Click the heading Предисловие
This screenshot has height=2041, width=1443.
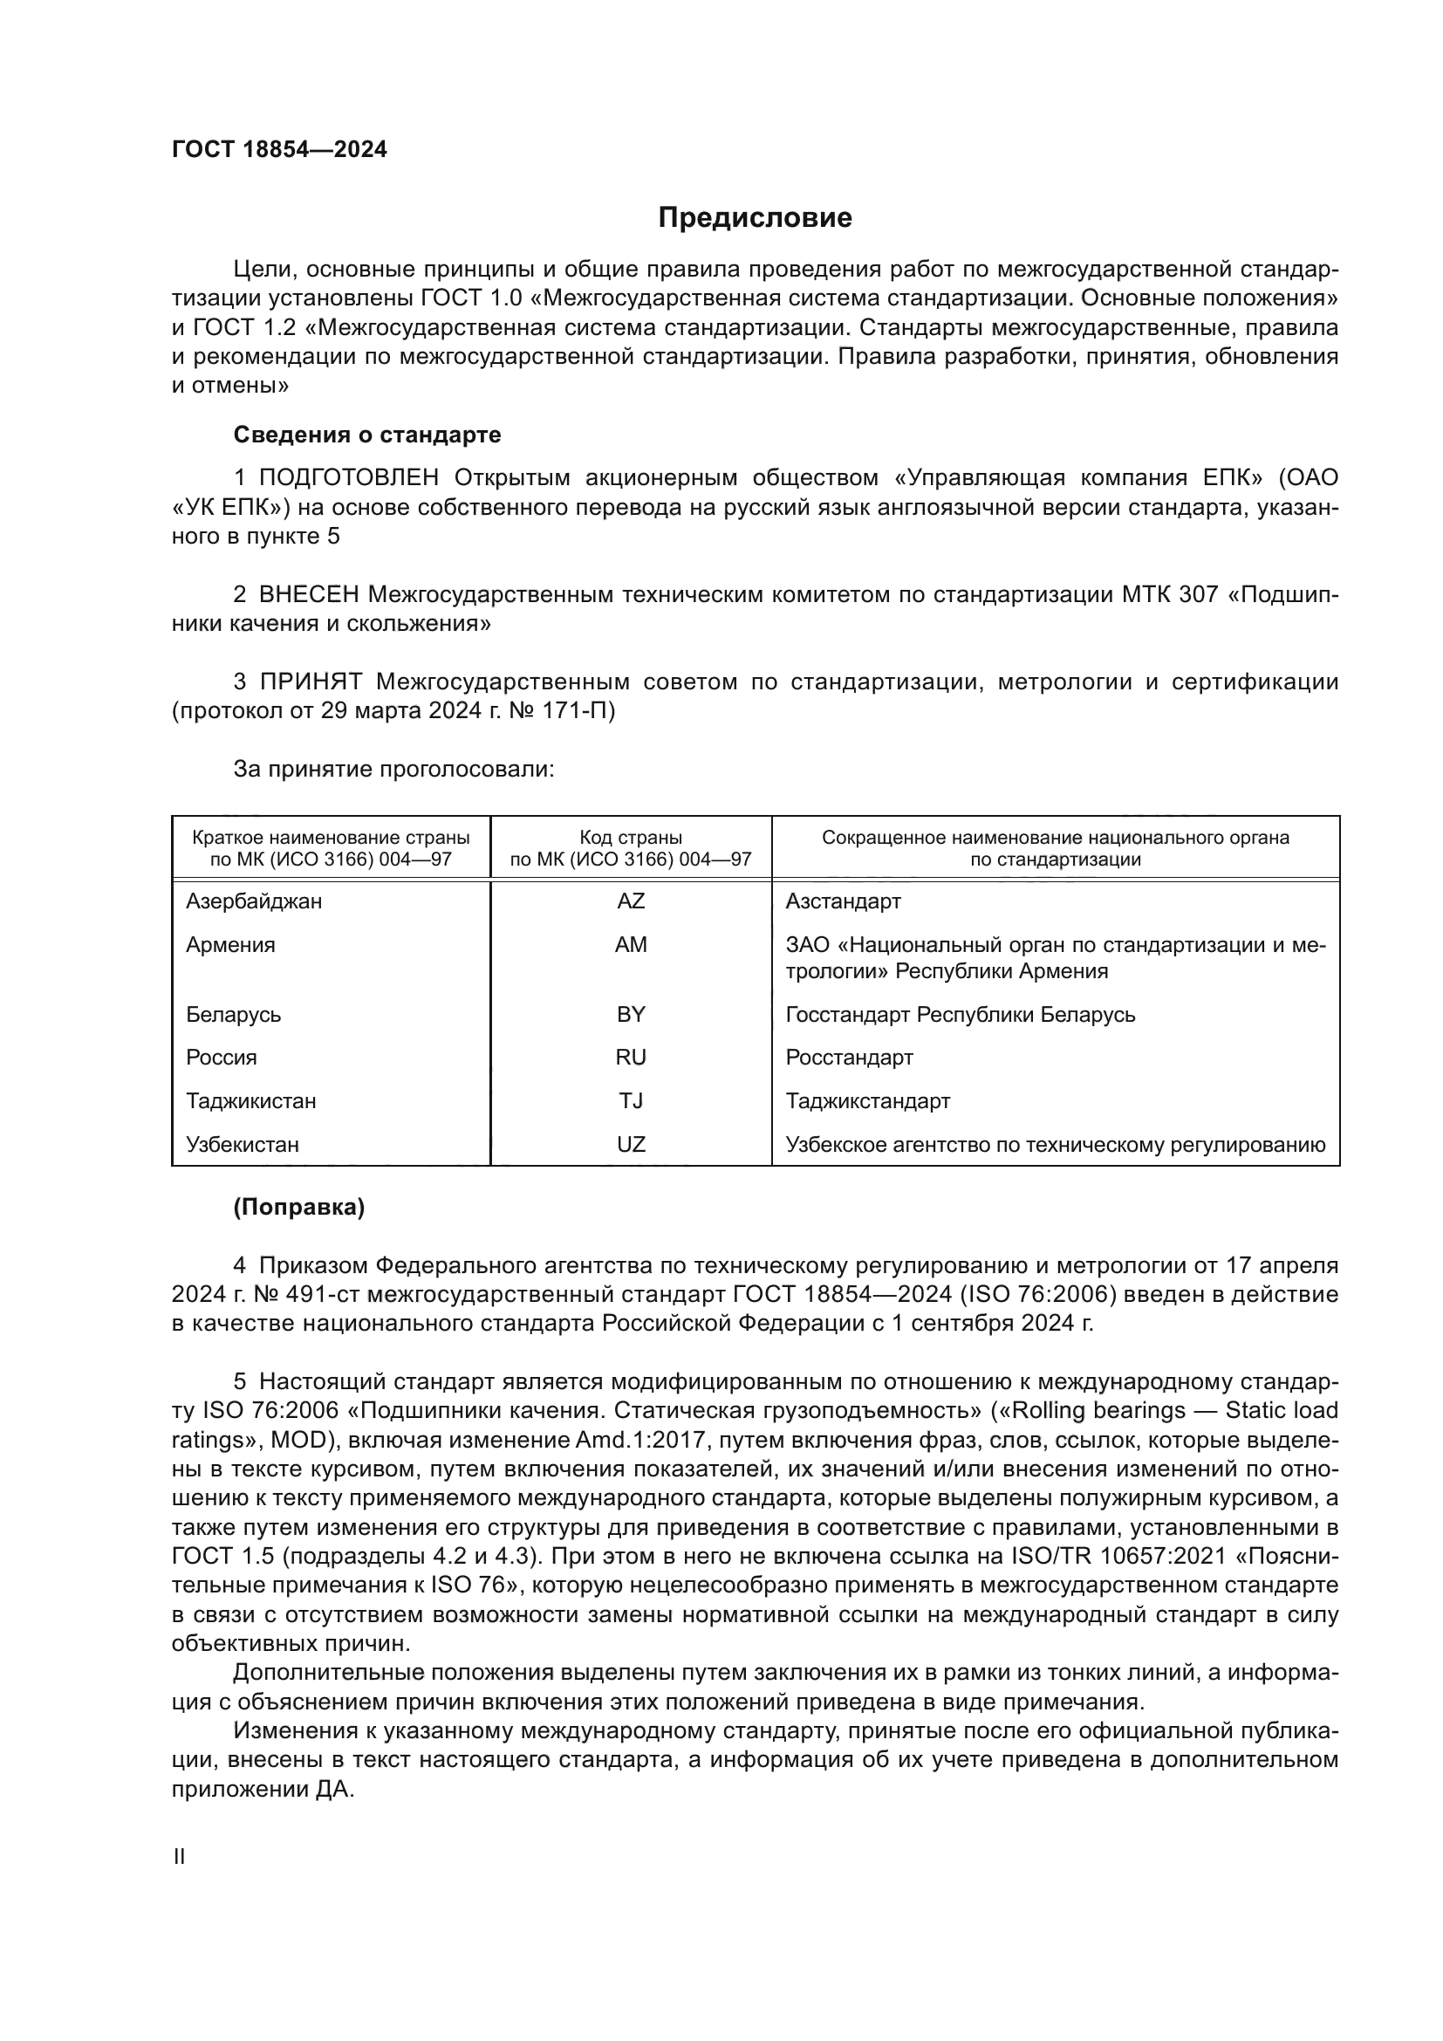755,218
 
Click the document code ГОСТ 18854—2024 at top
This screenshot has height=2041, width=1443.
279,149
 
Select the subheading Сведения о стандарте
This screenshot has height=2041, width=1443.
367,435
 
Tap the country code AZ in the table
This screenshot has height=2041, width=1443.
631,901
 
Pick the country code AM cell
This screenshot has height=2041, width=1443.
631,944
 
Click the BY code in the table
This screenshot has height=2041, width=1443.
631,1014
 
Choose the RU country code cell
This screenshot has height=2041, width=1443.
631,1057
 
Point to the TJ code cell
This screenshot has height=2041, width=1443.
631,1100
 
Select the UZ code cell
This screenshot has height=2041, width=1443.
631,1144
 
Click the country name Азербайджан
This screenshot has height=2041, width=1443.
253,901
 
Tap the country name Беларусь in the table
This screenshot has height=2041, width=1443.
233,1014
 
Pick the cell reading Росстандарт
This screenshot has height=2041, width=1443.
849,1057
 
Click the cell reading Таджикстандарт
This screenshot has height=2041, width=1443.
867,1100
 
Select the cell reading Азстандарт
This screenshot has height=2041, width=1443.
843,901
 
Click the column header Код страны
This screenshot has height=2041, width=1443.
631,838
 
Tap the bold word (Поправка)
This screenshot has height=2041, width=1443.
298,1207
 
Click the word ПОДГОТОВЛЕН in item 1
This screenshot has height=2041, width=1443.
348,478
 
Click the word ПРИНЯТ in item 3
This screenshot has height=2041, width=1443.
310,681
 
